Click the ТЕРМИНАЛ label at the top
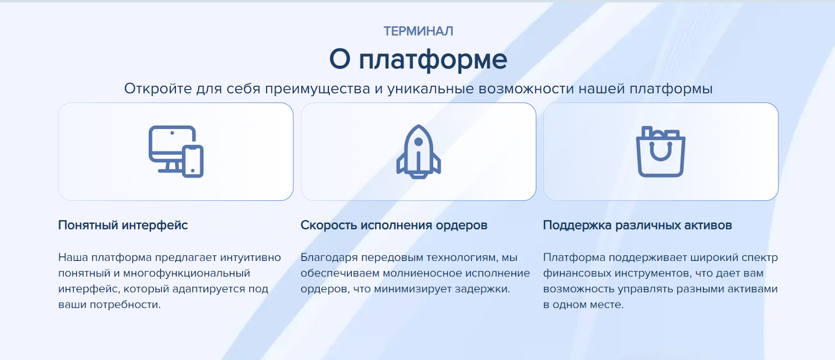tap(418, 31)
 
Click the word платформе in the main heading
tap(433, 59)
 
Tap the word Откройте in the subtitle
tap(158, 89)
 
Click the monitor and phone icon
tap(176, 151)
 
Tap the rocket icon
tap(418, 151)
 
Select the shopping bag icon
tap(661, 151)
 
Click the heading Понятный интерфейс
tap(123, 225)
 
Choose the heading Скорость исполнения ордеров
tap(394, 225)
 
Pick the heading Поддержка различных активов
tap(637, 225)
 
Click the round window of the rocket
tap(418, 141)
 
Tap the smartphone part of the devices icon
tap(193, 161)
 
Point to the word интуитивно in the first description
tap(250, 258)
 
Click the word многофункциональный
tap(186, 273)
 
